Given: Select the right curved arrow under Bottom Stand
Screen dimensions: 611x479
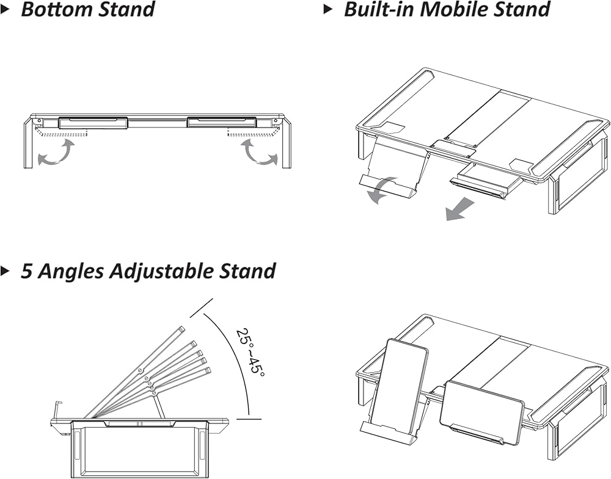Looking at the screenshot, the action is click(259, 153).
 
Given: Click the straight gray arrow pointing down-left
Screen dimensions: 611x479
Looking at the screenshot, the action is click(460, 208).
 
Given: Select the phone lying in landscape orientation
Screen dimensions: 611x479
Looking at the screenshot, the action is click(482, 411).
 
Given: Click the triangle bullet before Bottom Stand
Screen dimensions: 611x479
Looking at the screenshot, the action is click(5, 10).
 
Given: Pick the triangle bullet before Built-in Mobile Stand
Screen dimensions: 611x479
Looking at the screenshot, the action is click(329, 10).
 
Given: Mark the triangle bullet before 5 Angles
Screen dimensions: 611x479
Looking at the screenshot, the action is click(5, 271).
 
